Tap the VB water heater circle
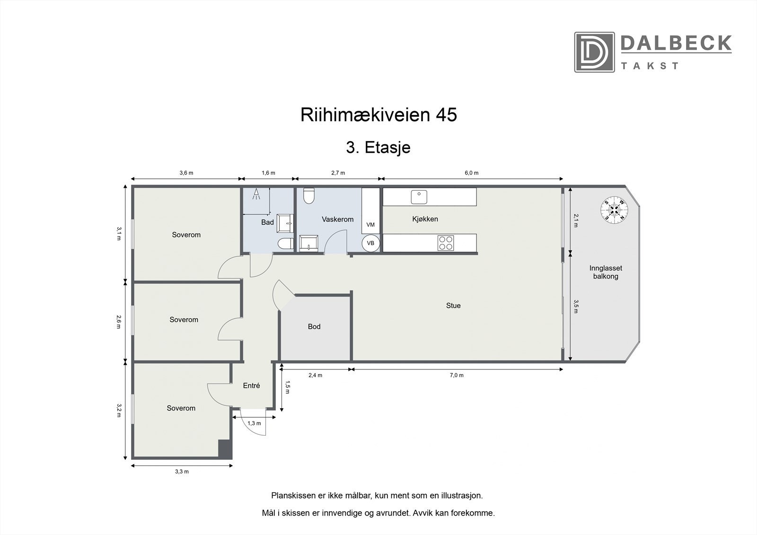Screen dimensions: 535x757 pos(370,243)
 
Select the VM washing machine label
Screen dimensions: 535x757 pos(370,225)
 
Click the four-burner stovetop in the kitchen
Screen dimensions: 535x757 pos(446,243)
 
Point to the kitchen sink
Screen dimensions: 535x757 pos(419,196)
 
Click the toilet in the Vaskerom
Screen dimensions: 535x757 pos(309,195)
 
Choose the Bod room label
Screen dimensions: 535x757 pos(314,326)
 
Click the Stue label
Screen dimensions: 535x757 pos(453,306)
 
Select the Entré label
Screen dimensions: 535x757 pos(251,386)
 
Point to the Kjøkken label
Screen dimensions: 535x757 pos(425,219)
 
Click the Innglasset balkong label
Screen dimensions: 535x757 pos(606,272)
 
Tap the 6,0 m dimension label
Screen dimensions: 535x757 pos(471,173)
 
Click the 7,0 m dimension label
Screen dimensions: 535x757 pos(457,375)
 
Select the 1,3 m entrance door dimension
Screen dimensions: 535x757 pos(254,423)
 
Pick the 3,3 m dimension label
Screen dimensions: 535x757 pos(182,471)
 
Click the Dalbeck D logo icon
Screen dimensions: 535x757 pos(594,52)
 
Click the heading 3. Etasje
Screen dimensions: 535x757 pos(378,148)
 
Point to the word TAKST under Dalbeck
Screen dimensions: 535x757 pos(650,66)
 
